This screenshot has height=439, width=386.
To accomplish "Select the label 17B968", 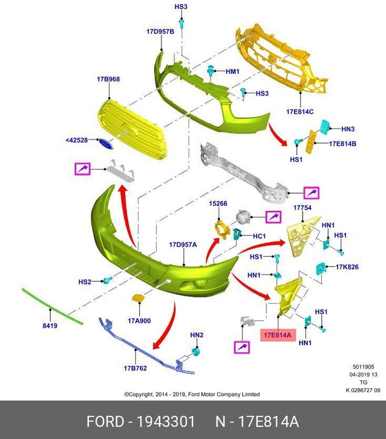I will (108, 79).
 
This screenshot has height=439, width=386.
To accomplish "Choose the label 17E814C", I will (299, 111).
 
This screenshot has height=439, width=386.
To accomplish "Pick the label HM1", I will (232, 71).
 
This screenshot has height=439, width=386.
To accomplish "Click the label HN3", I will (348, 130).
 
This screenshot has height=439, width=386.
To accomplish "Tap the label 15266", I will (218, 204).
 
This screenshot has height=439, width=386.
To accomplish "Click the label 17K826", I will (347, 267).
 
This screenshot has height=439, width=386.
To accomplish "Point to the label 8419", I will (50, 326).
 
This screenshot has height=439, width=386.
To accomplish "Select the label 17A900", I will (139, 320).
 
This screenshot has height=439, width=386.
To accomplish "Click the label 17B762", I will (135, 368).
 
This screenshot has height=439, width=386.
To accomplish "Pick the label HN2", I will (196, 335).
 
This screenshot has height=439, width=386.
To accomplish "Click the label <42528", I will (77, 140).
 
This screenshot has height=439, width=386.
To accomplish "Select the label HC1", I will (259, 237).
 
